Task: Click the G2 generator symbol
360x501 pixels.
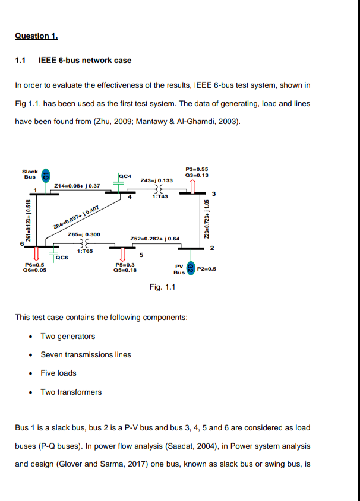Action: click(191, 268)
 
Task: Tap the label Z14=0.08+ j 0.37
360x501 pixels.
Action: click(78, 186)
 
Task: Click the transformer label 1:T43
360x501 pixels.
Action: click(160, 197)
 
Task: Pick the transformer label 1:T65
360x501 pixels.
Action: click(85, 251)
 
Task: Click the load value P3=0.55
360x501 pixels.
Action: click(197, 169)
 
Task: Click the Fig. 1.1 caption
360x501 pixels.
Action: click(163, 287)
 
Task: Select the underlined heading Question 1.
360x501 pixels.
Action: click(36, 36)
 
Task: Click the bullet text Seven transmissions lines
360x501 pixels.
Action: click(86, 355)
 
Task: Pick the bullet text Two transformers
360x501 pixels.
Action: click(71, 392)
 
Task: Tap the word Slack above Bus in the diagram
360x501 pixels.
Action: click(30, 171)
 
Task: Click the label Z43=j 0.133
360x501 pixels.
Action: click(157, 180)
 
